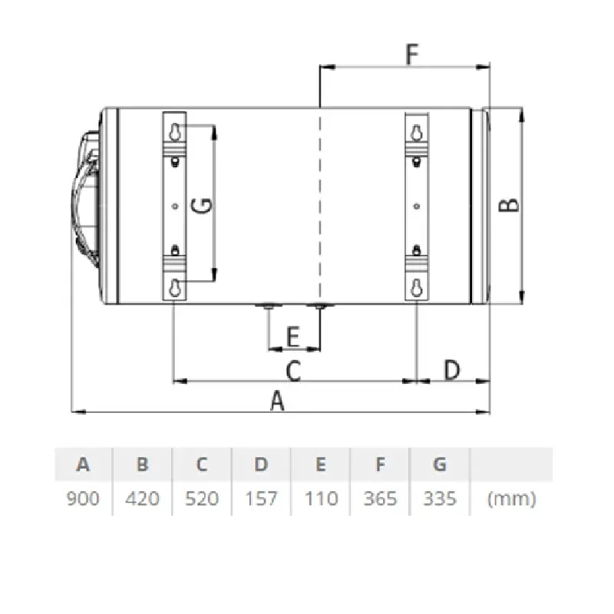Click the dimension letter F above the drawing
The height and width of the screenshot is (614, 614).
[x=412, y=54]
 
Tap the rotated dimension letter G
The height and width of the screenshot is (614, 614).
[x=202, y=205]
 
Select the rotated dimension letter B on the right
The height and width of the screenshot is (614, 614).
[x=509, y=205]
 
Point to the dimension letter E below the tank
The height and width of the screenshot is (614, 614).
[x=293, y=337]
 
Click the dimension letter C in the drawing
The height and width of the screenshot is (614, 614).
[x=293, y=371]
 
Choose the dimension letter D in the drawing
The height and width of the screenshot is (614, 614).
[x=452, y=369]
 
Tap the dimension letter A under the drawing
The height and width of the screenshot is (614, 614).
[x=277, y=400]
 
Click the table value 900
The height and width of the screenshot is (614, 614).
[x=83, y=498]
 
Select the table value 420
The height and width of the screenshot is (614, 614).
[x=143, y=498]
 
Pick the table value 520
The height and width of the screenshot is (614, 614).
[x=202, y=498]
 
